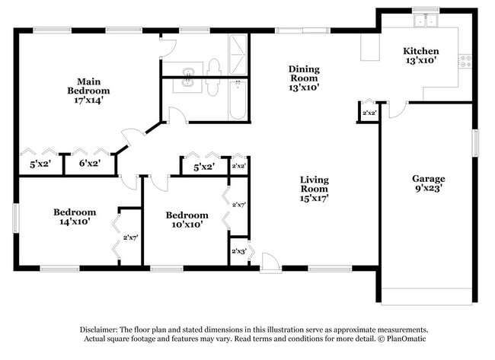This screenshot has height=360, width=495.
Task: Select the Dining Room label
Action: pos(303,78)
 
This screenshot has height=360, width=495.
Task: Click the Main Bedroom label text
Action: pos(89,90)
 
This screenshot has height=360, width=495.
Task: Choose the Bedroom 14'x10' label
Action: pos(74,217)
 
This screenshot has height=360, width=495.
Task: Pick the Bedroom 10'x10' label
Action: pos(187,220)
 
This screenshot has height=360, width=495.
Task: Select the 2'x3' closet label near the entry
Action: pos(238,250)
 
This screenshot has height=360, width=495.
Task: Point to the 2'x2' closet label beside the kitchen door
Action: pos(369,113)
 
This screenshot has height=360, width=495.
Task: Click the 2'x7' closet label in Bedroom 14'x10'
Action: pos(130,237)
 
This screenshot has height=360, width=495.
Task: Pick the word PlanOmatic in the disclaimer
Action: pos(407,339)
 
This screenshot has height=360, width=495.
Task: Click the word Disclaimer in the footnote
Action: pos(101,330)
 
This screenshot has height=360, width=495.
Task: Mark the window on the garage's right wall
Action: pos(474,142)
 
